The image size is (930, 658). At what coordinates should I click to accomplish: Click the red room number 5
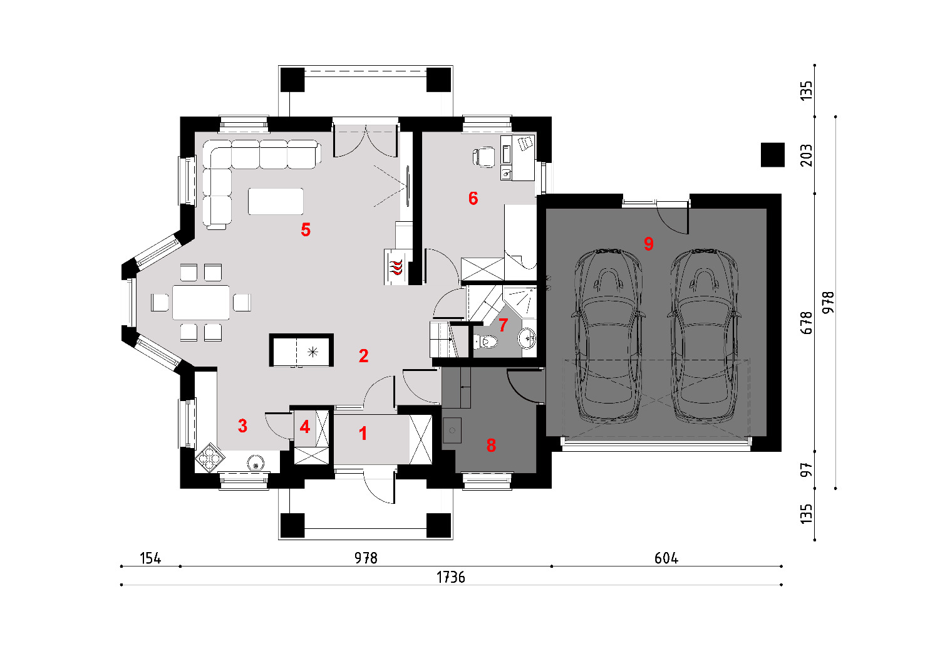coord(306,229)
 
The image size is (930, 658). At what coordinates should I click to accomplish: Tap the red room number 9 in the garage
coord(649,243)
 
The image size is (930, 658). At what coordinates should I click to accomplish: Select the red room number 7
coord(503,325)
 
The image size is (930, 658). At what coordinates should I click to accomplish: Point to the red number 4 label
coord(305,427)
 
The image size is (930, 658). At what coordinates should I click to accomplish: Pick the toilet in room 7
coord(486,342)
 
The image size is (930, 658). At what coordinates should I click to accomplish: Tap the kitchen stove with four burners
coord(210,457)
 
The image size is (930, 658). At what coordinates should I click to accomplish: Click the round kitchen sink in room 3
coord(256,462)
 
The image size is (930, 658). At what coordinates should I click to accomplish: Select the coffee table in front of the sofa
coord(276,201)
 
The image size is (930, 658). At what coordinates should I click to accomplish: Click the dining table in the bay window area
coord(201,303)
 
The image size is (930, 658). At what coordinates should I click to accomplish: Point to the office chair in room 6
coord(483,157)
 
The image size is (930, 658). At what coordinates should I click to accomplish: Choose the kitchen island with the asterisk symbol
coord(301,350)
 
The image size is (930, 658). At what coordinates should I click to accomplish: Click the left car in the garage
coord(609,337)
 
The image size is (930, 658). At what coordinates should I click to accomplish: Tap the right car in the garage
coord(705,337)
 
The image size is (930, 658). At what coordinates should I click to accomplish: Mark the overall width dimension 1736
coord(451,577)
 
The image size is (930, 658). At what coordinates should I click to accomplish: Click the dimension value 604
coord(666,558)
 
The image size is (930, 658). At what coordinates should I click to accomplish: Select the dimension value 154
coord(150,558)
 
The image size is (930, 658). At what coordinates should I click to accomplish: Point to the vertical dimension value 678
coord(806,323)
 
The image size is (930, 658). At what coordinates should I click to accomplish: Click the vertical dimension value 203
coord(806,155)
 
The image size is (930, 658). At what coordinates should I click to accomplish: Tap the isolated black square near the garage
coord(773,155)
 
